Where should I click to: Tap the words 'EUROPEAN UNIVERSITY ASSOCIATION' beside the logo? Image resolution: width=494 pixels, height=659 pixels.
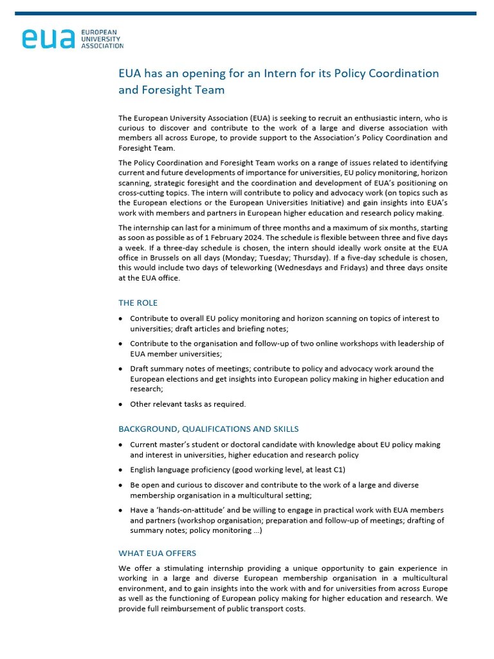pyautogui.click(x=102, y=38)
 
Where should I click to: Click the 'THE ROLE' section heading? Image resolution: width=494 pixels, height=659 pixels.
pyautogui.click(x=138, y=302)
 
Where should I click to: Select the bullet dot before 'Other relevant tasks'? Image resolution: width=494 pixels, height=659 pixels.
pyautogui.click(x=122, y=405)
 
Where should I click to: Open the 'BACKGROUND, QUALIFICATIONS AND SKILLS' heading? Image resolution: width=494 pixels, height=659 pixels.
pyautogui.click(x=208, y=429)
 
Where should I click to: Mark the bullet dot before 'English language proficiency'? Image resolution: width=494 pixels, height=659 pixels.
pyautogui.click(x=122, y=470)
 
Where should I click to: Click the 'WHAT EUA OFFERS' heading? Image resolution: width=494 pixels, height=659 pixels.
pyautogui.click(x=158, y=553)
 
